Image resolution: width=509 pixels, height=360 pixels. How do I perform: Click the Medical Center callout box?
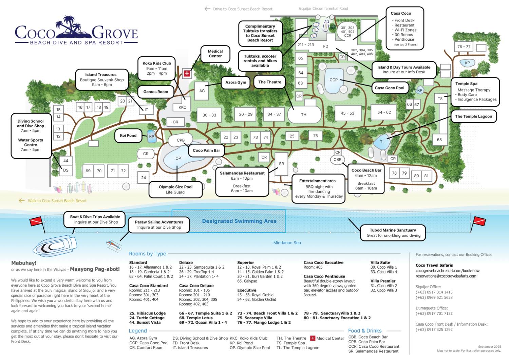pos(215,54)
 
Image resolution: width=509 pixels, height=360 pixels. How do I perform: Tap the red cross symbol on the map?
pos(187,73)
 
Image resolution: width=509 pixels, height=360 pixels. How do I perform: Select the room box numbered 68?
pos(439,140)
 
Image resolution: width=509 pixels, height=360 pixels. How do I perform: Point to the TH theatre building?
pos(304,114)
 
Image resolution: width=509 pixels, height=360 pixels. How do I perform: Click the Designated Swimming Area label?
pos(239,221)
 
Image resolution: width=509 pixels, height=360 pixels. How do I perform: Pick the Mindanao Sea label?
pos(287,242)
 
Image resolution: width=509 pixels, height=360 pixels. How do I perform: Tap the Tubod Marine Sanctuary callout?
pos(393,233)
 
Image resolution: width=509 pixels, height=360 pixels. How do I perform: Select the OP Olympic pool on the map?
pos(178,158)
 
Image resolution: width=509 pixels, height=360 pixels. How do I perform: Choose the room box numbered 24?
pos(144,177)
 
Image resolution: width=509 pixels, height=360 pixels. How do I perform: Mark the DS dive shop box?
pos(66,170)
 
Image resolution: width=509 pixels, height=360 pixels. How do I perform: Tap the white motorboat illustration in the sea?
pos(56,246)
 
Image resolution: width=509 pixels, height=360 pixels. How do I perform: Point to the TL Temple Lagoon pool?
pos(382,142)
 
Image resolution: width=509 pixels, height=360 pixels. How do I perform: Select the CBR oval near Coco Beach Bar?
pos(337,159)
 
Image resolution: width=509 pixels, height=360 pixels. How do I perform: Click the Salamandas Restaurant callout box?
pos(242,182)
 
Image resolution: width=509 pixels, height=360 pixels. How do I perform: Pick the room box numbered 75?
pos(315,136)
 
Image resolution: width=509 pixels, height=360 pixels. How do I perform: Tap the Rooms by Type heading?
pos(148,254)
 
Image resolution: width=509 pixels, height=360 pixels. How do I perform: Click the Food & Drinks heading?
pos(365,330)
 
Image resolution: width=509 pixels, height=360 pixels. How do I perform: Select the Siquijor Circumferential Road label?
pos(323,8)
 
